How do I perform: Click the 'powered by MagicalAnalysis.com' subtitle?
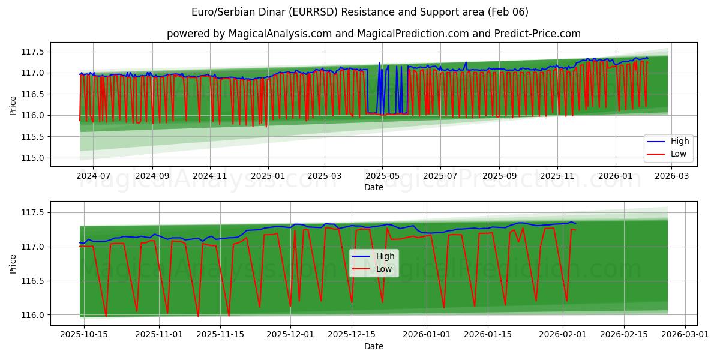[373, 34]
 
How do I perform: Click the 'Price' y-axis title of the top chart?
[13, 105]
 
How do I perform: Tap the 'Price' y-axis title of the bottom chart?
[13, 263]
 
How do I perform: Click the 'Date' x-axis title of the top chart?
[373, 188]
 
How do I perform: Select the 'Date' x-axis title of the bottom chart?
[373, 346]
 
